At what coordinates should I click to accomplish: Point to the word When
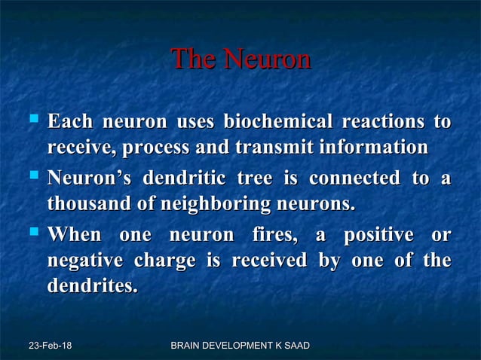(73, 236)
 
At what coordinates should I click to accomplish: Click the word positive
(378, 236)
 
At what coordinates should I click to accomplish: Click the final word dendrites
(93, 287)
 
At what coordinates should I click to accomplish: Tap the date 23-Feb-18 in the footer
(51, 346)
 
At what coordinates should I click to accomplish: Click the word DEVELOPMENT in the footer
(240, 346)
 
